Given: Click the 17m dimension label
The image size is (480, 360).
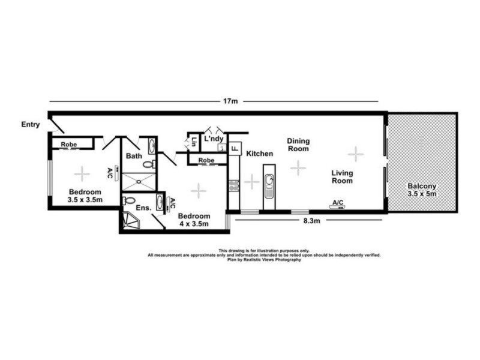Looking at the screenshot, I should [x=230, y=101].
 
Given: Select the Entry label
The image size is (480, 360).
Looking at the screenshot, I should [x=30, y=125].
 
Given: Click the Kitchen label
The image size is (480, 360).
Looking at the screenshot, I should [x=259, y=154].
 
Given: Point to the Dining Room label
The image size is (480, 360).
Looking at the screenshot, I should [x=298, y=145].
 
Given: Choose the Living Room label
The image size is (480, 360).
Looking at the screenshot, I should [x=343, y=177].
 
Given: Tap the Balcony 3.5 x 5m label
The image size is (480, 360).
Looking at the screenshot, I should [x=421, y=190].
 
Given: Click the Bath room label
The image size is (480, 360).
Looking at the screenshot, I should [x=133, y=156].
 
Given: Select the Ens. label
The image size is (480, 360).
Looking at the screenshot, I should [x=143, y=208].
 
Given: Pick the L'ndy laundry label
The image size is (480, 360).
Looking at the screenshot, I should [x=214, y=139].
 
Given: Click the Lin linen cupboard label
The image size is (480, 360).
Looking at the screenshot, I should [x=194, y=142].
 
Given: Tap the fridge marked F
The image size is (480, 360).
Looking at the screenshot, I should [x=235, y=146].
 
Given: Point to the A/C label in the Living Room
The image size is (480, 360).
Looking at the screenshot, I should [x=337, y=202].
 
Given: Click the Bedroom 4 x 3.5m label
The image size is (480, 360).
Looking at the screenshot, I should [x=194, y=220].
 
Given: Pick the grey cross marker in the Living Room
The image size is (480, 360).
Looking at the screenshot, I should [x=356, y=154].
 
